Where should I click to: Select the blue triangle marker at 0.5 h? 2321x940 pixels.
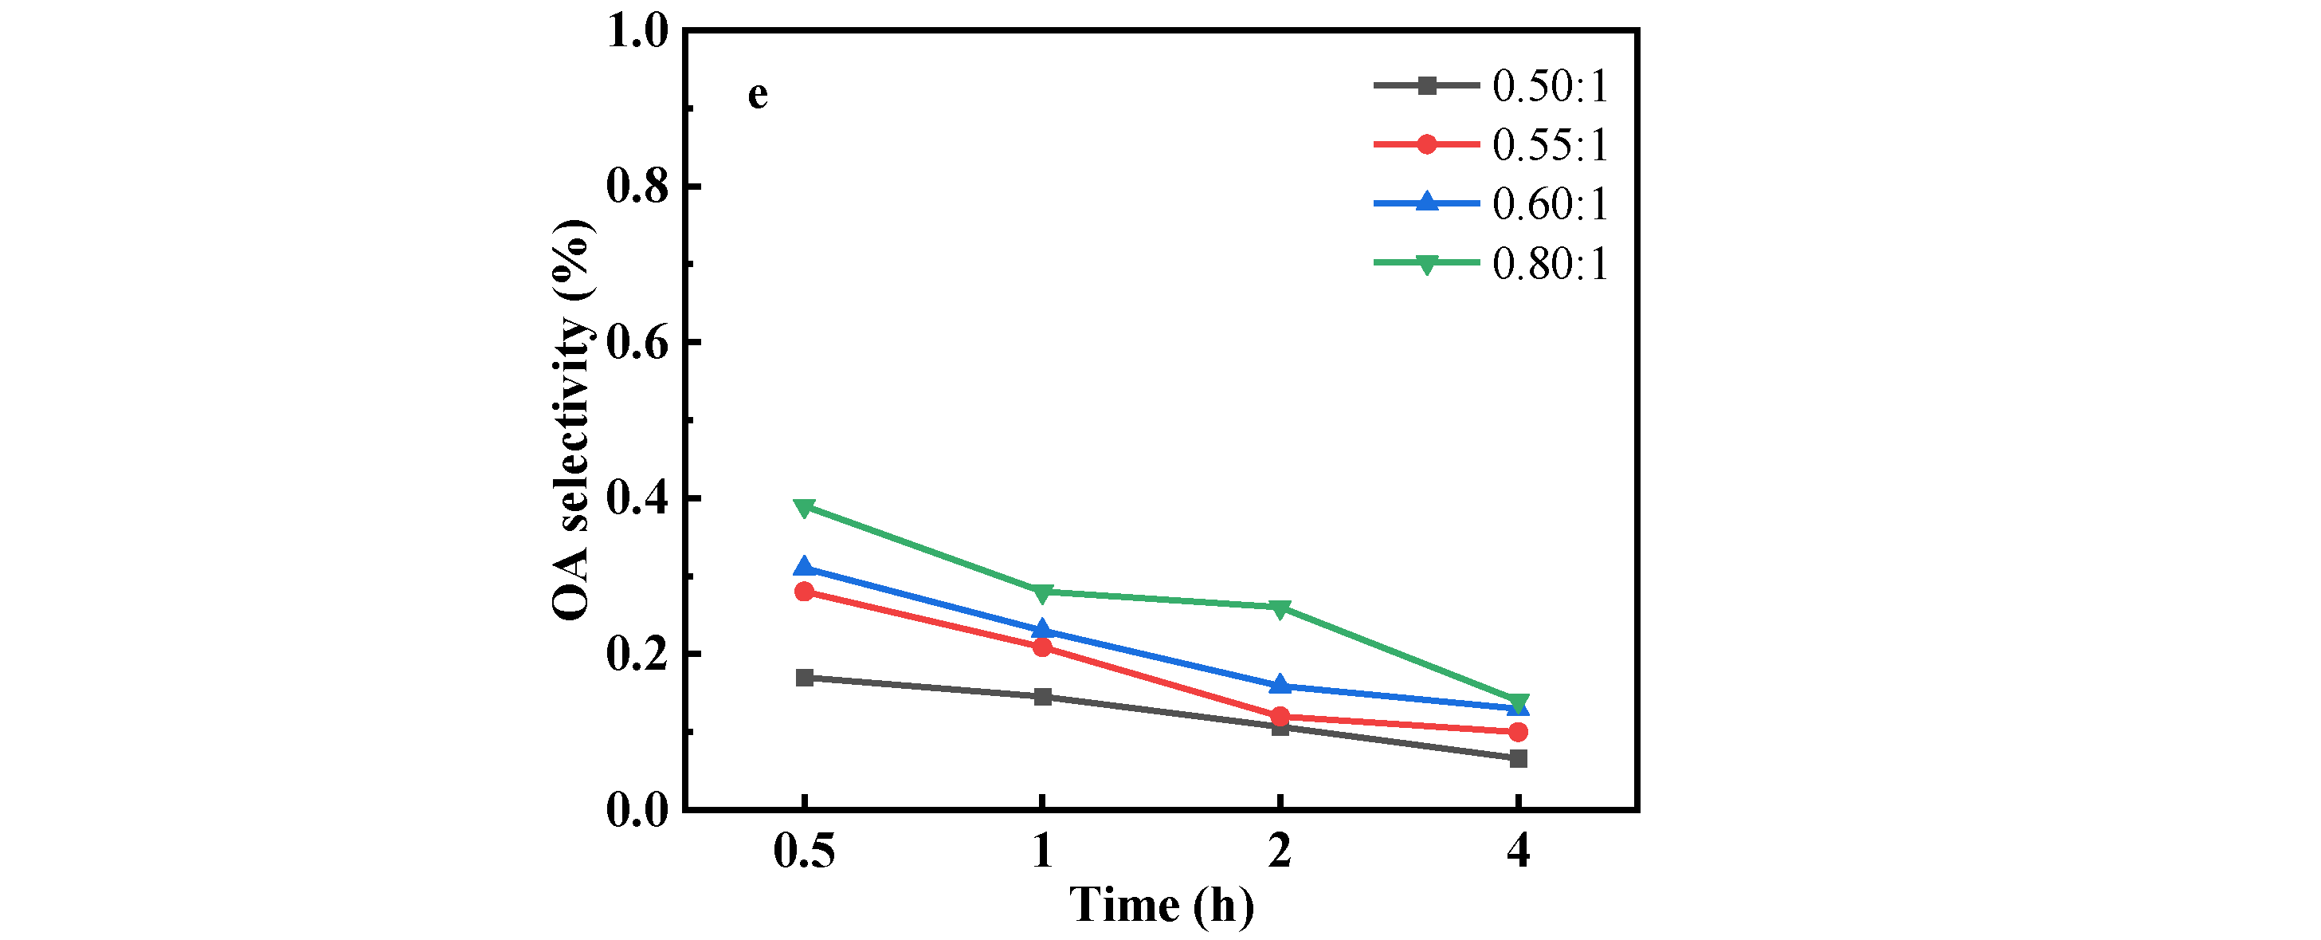805,568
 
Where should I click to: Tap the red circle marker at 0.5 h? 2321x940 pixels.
805,592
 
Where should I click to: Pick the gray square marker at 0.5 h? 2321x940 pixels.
805,678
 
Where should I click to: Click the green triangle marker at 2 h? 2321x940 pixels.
1280,608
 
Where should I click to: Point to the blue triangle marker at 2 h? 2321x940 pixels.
1280,686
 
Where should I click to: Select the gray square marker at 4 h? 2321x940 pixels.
1518,759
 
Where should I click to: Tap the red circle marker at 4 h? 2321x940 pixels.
1518,732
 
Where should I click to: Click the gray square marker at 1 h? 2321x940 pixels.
1042,697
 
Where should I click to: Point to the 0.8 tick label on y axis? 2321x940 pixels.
637,187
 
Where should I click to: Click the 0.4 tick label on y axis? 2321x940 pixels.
637,498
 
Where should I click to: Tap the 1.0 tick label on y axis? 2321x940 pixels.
637,32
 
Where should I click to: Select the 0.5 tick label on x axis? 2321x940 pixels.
804,850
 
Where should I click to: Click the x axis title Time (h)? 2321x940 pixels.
1162,905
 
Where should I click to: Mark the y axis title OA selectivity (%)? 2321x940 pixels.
571,420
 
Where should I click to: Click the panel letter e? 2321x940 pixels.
758,95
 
